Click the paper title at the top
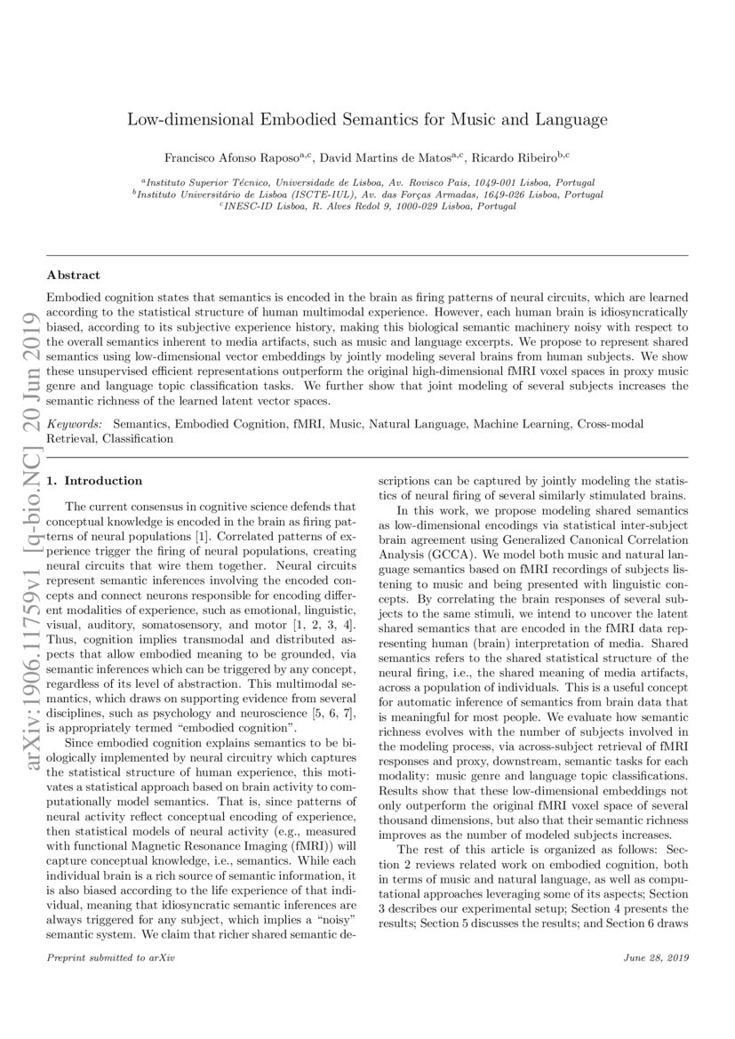click(x=367, y=118)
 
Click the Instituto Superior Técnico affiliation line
click(x=367, y=180)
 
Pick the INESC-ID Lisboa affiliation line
click(x=367, y=206)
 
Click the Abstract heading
click(x=73, y=276)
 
